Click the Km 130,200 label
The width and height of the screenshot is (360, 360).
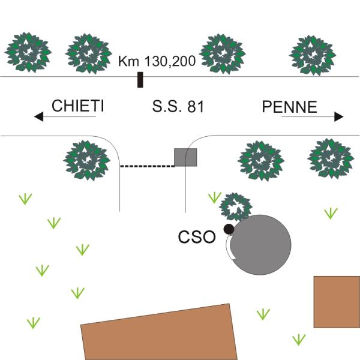pos(157,61)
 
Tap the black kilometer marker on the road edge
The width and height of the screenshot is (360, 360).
pos(140,80)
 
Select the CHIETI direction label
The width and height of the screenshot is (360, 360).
pos(78,107)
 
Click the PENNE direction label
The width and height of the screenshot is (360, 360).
pos(290,107)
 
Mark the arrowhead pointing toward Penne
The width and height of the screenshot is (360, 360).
pos(339,116)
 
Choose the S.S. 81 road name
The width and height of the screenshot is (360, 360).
pos(179,107)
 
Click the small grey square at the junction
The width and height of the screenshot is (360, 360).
pos(185,157)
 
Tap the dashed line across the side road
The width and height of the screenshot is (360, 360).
pos(147,166)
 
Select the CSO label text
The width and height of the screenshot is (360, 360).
pos(197,237)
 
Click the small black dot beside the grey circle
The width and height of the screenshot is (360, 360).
pos(228,229)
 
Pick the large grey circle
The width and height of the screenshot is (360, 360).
pos(262,245)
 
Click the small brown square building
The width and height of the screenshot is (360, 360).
pos(337,302)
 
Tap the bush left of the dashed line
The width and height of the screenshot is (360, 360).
pos(88,161)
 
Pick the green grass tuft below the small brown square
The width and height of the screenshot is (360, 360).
pos(298,340)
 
